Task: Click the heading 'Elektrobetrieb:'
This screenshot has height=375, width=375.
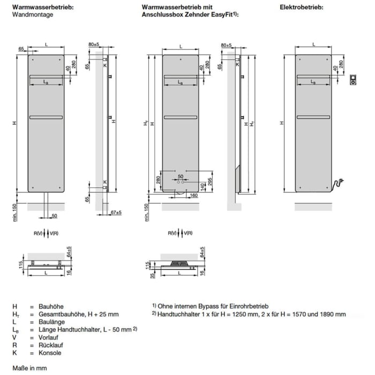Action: point(301,7)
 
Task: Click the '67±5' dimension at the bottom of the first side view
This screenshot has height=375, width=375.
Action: point(116,213)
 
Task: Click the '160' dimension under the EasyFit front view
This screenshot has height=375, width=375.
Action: point(193,196)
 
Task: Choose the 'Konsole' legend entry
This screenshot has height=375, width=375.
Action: point(50,353)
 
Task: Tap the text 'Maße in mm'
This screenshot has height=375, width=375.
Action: point(29,369)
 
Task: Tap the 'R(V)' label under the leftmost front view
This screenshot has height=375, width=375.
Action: point(37,234)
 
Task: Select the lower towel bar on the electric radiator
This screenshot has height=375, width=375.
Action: point(313,117)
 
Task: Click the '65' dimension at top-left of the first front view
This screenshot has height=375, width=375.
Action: point(21,49)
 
